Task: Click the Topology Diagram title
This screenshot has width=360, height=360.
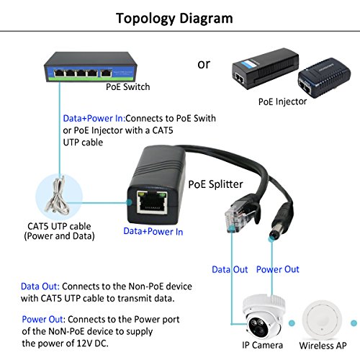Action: [174, 19]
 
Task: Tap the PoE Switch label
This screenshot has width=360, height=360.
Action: [128, 87]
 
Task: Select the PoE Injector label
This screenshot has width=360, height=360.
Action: [282, 102]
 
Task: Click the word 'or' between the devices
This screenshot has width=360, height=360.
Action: [204, 64]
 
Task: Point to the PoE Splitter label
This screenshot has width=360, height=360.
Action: [215, 184]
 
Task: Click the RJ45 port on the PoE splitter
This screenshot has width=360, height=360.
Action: [152, 202]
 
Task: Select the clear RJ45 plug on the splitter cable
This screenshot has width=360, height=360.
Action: [236, 217]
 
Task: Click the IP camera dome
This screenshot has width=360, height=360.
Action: [264, 317]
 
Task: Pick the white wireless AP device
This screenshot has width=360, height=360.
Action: [322, 319]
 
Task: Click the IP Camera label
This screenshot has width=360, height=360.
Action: [262, 346]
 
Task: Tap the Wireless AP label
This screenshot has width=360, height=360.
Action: [323, 346]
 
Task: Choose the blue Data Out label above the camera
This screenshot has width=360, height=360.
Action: [230, 269]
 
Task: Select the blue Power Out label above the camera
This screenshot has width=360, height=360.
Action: [278, 269]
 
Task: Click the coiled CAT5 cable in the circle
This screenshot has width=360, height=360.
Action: [57, 197]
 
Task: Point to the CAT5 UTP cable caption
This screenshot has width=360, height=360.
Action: [59, 231]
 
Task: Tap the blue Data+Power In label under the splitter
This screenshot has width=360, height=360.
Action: [153, 232]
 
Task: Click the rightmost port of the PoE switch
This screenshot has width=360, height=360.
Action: [106, 73]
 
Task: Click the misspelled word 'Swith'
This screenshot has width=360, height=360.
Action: [204, 118]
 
